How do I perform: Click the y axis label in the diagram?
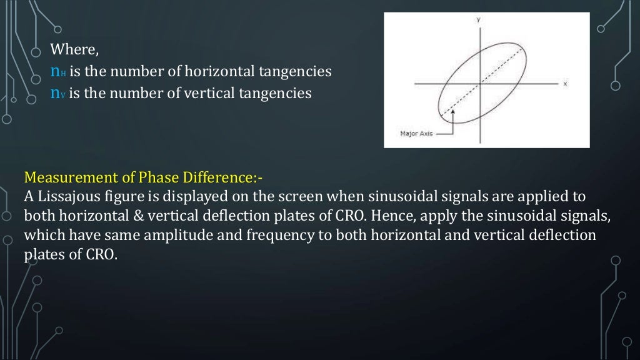coord(479,20)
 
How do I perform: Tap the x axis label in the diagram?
coord(564,84)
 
